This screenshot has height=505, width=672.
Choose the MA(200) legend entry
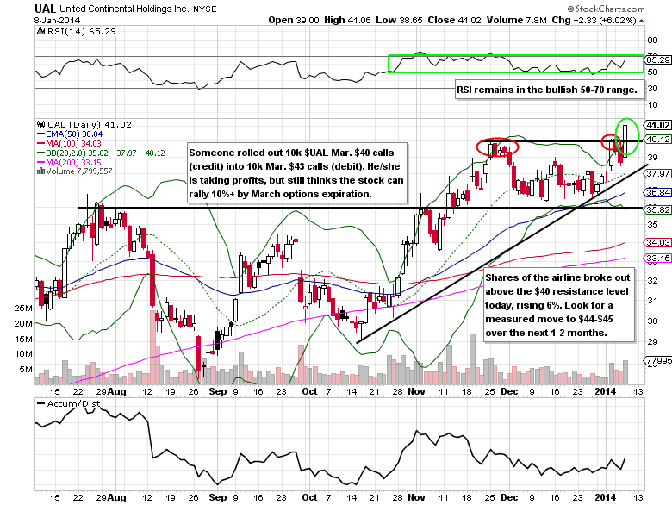point(70,162)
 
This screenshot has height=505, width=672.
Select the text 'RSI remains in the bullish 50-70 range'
point(545,90)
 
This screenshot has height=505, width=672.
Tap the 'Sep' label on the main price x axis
point(218,391)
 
